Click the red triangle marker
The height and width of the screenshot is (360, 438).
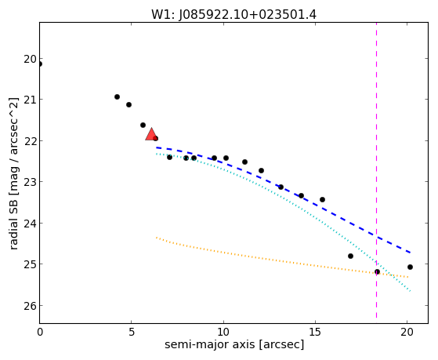[151, 134]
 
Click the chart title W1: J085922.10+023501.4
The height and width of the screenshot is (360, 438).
[233, 14]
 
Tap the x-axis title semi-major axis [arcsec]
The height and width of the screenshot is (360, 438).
[234, 344]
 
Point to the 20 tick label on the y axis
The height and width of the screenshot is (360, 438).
[30, 60]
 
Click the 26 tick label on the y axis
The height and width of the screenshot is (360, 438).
[30, 306]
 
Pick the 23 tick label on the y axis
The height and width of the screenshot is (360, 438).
[30, 183]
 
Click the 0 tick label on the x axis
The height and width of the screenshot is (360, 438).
[40, 332]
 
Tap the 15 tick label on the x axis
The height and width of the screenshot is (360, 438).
[315, 332]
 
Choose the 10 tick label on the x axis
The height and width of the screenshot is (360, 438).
[223, 332]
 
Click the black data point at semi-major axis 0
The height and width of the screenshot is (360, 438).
[40, 64]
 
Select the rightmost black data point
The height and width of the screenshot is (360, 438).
[410, 267]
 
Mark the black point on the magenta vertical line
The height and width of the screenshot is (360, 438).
[377, 271]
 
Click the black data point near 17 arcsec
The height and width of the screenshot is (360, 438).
[350, 256]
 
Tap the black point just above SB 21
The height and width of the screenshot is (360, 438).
[117, 96]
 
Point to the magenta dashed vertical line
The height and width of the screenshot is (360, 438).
[377, 170]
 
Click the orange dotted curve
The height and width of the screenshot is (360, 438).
[282, 261]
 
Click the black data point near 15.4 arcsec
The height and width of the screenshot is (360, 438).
[322, 199]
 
